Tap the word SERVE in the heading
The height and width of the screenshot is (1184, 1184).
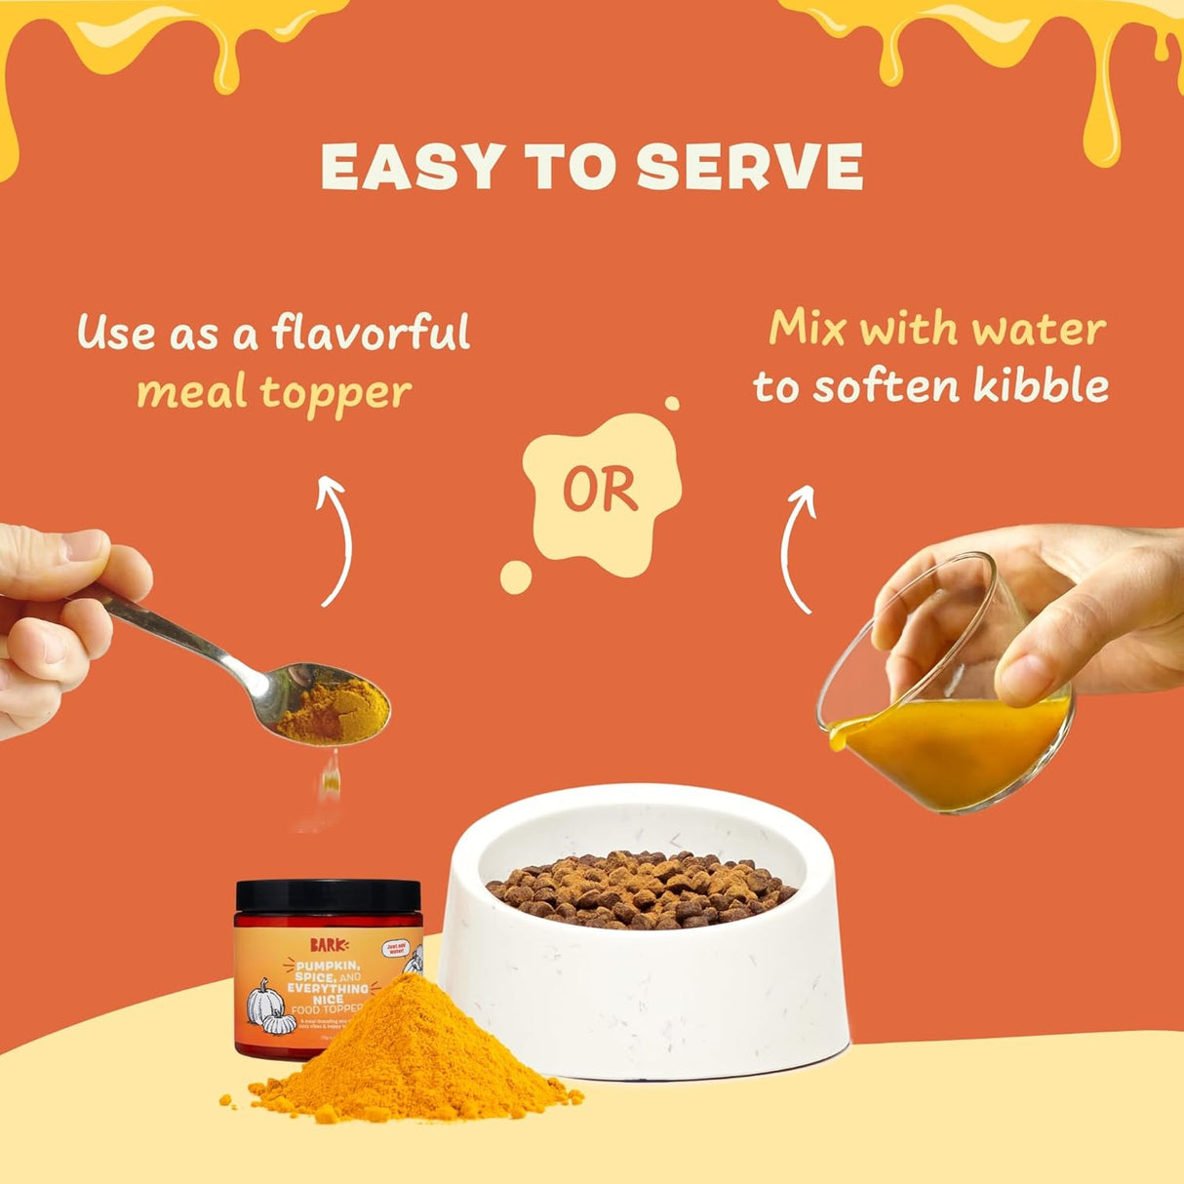749,167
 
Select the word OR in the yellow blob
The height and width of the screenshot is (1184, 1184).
600,490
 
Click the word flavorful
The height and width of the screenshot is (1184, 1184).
372,333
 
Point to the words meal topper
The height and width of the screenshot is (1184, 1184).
274,393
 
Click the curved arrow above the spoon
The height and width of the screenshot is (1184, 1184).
335,538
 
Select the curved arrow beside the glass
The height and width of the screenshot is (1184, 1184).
798,548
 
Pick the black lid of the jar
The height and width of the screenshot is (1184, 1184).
328,895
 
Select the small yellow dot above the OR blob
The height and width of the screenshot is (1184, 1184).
671,404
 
